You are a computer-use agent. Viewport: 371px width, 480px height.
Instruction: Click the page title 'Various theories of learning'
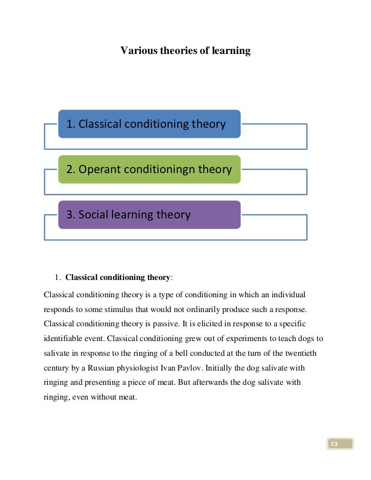(185, 51)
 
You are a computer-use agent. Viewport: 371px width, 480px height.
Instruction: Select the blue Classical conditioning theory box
(149, 124)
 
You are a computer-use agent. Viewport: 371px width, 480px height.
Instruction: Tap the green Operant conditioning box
(149, 170)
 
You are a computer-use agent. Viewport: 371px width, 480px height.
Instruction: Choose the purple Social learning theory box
(149, 215)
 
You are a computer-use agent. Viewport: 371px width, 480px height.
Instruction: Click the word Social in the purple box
(95, 215)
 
